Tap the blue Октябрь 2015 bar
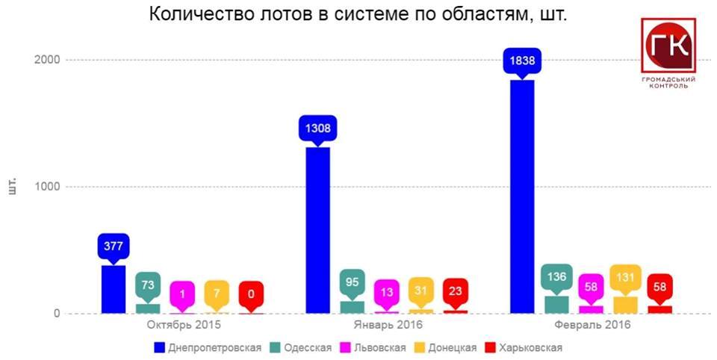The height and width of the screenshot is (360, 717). [x=113, y=290]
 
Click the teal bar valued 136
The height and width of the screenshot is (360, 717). [x=556, y=305]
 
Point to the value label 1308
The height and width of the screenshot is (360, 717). [x=317, y=128]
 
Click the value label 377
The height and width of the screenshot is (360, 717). [x=114, y=245]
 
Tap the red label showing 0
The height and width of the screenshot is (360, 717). [x=251, y=294]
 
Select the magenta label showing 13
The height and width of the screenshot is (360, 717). [x=386, y=292]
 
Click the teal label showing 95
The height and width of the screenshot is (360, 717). [x=352, y=282]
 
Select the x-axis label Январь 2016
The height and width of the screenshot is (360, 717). [x=388, y=326]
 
